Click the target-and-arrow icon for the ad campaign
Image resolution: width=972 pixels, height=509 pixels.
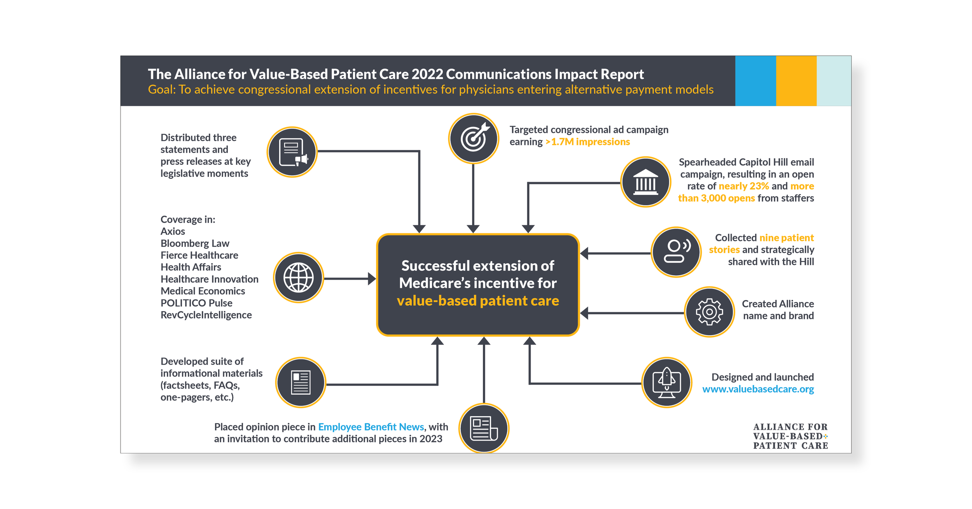coord(473,138)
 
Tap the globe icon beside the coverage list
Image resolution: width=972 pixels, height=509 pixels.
coord(298,278)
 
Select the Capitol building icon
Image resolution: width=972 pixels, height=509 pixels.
coord(645,182)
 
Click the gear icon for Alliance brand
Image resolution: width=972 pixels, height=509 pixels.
coord(709,312)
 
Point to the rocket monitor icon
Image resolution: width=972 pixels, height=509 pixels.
coord(666,383)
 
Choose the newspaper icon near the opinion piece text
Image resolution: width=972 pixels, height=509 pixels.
coord(484,429)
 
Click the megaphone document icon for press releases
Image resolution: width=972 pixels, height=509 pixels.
coord(292,152)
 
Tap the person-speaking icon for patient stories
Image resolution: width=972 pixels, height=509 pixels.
coord(676,252)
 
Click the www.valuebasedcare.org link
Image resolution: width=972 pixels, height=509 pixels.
coord(758,389)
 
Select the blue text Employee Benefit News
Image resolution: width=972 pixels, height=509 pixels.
coord(371,427)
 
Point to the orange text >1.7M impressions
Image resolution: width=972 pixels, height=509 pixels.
coord(587,142)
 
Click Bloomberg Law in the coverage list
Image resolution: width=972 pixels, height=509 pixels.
coord(195,243)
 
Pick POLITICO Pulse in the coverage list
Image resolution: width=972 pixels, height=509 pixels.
coord(196,303)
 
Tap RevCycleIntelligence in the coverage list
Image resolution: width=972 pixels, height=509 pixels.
coord(206,315)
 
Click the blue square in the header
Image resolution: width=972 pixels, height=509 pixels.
coord(755,81)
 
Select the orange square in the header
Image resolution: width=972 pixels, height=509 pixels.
coord(796,81)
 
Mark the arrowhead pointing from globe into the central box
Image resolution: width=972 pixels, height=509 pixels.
coord(372,279)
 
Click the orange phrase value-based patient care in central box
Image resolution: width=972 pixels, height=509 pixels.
coord(478,301)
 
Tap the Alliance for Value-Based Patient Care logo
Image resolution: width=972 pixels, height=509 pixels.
coord(790,436)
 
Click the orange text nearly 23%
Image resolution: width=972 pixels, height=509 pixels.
coord(743,186)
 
